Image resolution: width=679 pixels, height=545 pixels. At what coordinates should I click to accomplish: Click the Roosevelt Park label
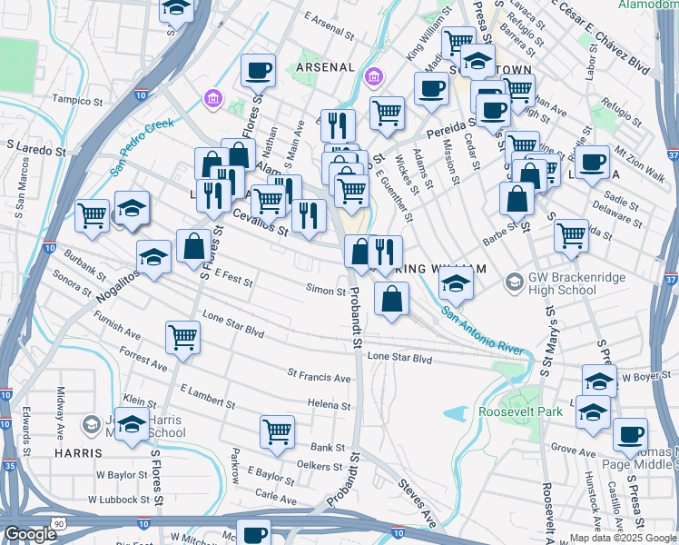(520, 411)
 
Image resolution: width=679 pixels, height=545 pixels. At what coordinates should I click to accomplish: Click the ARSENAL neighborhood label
(322, 67)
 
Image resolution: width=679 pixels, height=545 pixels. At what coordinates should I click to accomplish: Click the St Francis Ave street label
(319, 377)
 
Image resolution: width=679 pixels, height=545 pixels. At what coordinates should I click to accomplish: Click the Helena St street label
(329, 404)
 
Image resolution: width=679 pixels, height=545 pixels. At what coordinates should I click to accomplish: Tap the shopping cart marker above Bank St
(277, 432)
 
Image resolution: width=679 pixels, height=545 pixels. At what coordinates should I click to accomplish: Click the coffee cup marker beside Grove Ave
(630, 435)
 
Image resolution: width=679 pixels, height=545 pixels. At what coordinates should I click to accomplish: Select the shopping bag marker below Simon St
(391, 299)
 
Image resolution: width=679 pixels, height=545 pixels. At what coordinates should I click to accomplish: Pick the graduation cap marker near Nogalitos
(153, 257)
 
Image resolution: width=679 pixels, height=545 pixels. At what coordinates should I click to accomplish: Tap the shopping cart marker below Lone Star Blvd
(182, 337)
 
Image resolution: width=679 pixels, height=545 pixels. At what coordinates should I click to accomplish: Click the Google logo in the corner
(30, 534)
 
